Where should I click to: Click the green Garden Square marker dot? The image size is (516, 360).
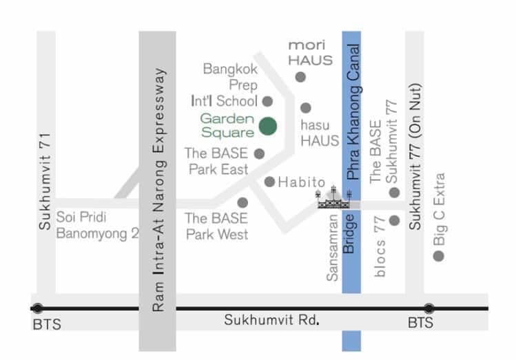point(268,126)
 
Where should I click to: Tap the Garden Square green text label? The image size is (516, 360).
point(227,125)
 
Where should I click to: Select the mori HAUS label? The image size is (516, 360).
point(307,52)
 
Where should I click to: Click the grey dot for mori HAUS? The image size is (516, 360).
point(300,76)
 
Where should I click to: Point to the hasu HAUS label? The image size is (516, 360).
point(320,133)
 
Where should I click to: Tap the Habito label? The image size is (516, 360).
point(301,182)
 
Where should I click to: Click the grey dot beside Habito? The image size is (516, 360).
point(270,182)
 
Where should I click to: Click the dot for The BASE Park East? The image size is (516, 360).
point(259,153)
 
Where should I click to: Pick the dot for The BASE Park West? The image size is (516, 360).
point(242,202)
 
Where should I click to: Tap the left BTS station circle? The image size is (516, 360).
point(37,308)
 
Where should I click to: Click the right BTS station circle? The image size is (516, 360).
point(429,308)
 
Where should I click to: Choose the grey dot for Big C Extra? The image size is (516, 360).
point(438,256)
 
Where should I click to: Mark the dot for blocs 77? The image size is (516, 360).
point(395,220)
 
